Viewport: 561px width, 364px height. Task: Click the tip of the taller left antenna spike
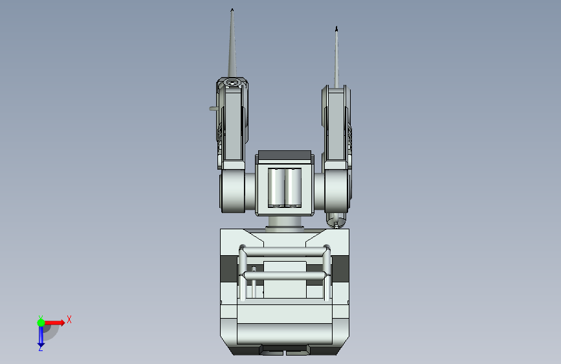(x=232, y=9)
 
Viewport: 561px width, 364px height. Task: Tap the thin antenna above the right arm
(x=336, y=58)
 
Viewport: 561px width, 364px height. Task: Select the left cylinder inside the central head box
(x=276, y=188)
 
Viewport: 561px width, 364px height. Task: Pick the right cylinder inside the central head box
(x=293, y=188)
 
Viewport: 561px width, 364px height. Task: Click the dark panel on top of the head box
(x=285, y=155)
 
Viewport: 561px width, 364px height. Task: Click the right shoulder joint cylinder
(x=332, y=193)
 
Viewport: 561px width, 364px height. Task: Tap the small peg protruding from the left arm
(x=213, y=109)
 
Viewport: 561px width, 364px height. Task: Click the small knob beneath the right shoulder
(x=336, y=220)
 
